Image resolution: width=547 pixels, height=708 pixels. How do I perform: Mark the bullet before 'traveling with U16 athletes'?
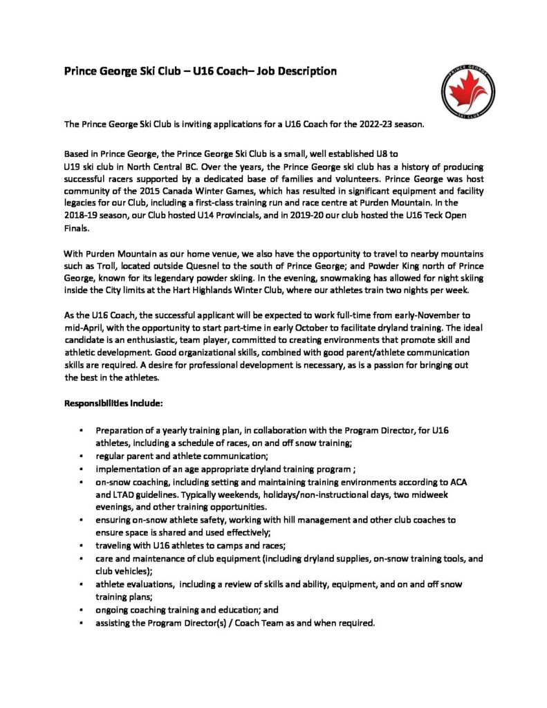click(82, 545)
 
